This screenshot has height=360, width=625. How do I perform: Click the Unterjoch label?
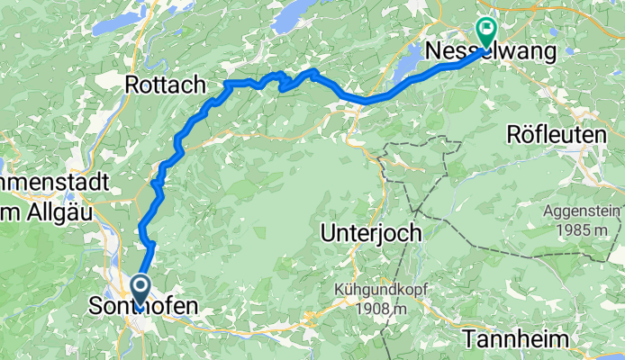[x=371, y=232]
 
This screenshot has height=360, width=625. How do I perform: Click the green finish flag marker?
[x=486, y=33]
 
